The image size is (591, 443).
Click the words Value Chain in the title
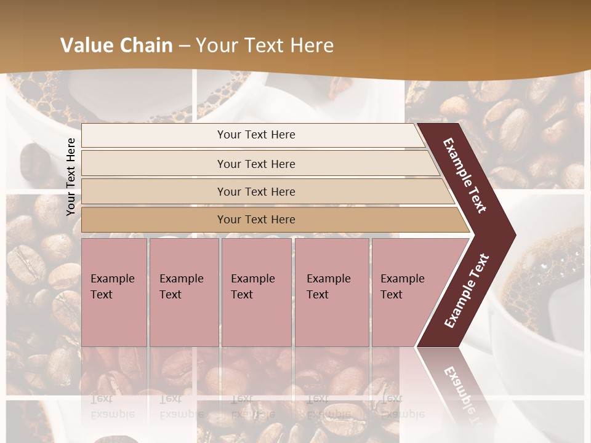(x=116, y=46)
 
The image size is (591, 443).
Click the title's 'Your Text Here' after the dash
(x=265, y=46)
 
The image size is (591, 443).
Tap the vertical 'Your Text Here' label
(x=71, y=177)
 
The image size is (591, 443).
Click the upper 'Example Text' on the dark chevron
(x=465, y=175)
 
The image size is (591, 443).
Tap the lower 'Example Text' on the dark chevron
(x=467, y=291)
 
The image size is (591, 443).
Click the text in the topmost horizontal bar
(x=256, y=135)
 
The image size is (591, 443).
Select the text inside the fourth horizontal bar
(x=256, y=220)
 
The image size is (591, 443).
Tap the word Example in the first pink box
(x=112, y=279)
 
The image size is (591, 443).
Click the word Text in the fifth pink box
(x=391, y=295)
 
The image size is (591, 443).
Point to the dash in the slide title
(x=184, y=46)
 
